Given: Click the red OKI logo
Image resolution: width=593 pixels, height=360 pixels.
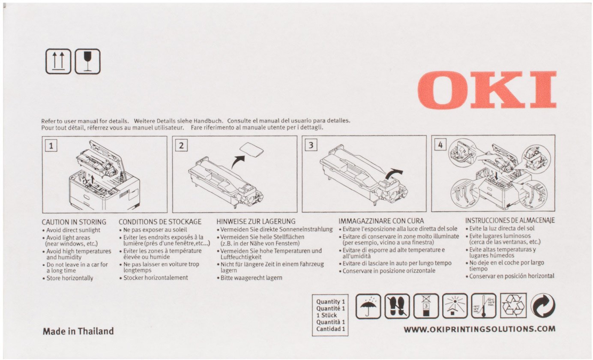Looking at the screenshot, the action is [487, 90].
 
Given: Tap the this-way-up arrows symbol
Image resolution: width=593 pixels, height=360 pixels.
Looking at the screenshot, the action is [58, 61].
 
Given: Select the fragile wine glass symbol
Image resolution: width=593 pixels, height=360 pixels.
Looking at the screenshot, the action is [88, 61].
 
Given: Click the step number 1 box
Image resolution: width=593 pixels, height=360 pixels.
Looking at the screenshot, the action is [51, 146].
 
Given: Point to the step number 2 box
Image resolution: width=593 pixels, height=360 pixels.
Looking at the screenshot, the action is [181, 146].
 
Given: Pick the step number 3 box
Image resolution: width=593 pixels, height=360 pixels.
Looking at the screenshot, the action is [311, 145].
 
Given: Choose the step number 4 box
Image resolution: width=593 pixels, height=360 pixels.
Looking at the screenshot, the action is [440, 144].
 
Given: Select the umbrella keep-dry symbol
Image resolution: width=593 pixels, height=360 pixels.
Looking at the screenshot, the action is [368, 306].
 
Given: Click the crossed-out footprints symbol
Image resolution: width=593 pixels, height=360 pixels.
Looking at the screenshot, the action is [397, 306].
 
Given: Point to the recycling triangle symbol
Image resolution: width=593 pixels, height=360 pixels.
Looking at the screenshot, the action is [513, 306].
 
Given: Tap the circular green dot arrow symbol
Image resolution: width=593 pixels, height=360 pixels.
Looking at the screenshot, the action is [543, 306].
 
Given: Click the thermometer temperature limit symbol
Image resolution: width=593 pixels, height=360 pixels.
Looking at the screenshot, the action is [484, 306].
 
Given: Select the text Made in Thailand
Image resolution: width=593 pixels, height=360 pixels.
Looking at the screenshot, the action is [78, 331].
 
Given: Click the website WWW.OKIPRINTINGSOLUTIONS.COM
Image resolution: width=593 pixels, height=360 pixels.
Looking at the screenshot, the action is [479, 329].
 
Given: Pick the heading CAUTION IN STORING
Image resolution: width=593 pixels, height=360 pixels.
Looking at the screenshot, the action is [74, 222].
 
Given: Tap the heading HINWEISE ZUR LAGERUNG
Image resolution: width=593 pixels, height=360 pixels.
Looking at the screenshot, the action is [256, 221].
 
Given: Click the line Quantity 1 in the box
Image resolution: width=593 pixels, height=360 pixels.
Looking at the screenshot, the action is [331, 302].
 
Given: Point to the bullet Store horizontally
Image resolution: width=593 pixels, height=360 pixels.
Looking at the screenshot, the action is [68, 278].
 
